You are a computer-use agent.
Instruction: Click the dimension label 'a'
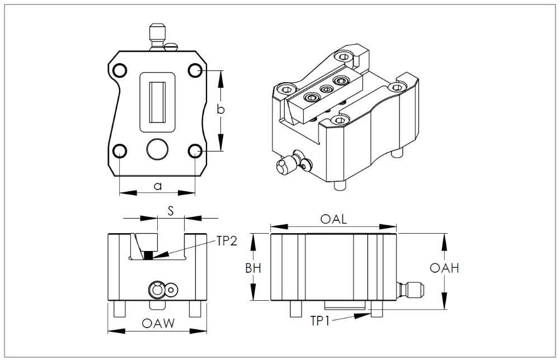point(158,186)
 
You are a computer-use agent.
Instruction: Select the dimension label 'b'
point(221,110)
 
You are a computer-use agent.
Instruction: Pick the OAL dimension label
point(333,219)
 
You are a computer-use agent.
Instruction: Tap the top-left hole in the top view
point(119,71)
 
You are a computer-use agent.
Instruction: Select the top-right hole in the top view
point(195,71)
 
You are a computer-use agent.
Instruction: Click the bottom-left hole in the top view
point(119,150)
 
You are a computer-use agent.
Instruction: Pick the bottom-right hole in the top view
point(195,150)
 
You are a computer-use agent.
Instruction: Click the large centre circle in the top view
point(157,149)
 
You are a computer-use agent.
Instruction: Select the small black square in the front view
point(148,255)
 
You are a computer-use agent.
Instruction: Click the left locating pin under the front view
point(119,309)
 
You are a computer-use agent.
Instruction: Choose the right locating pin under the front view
point(195,309)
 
